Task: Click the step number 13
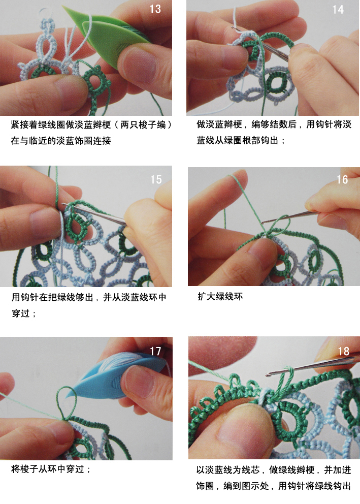pyautogui.click(x=155, y=9)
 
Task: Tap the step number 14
pyautogui.click(x=338, y=10)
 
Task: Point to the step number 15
pyautogui.click(x=156, y=179)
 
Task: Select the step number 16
pyautogui.click(x=342, y=179)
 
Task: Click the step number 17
pyautogui.click(x=155, y=351)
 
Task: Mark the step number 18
pyautogui.click(x=343, y=351)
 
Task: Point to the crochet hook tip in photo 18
pyautogui.click(x=268, y=374)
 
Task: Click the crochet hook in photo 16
pyautogui.click(x=289, y=216)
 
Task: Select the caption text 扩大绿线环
pyautogui.click(x=220, y=296)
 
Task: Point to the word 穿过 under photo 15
pyautogui.click(x=20, y=313)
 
